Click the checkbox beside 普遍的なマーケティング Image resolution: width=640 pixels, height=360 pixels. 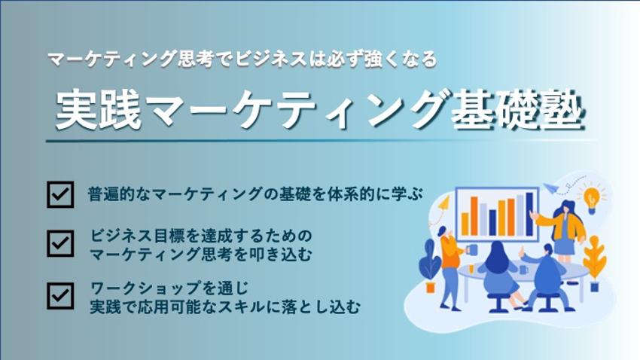coord(60,195)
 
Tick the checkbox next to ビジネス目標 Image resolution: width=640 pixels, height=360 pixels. coord(60,244)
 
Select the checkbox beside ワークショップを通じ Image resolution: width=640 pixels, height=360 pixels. coord(60,296)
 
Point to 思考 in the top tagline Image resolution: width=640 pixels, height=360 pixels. coord(196,59)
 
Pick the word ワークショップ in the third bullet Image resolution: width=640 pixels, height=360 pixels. coord(146,288)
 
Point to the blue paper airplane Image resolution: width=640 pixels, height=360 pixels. coord(551,188)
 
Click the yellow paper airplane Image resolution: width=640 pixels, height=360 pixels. coord(443,203)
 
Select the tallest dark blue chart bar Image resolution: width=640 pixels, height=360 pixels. coord(529,215)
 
